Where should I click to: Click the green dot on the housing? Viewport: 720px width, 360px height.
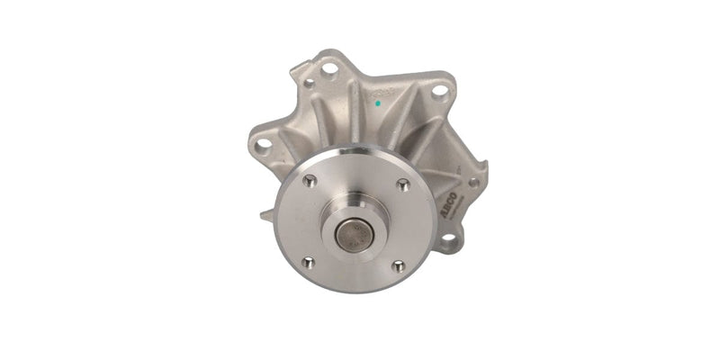[377, 102]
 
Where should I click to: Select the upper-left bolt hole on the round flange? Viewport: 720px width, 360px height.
[310, 182]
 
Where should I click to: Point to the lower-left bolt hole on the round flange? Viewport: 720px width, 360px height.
[308, 262]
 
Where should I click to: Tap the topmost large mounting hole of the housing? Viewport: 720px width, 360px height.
[330, 68]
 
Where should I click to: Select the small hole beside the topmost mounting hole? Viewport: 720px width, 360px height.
[310, 82]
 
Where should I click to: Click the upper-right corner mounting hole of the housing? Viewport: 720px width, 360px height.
[439, 90]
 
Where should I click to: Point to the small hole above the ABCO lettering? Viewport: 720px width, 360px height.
[473, 183]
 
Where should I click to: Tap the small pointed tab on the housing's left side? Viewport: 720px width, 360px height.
[265, 215]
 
